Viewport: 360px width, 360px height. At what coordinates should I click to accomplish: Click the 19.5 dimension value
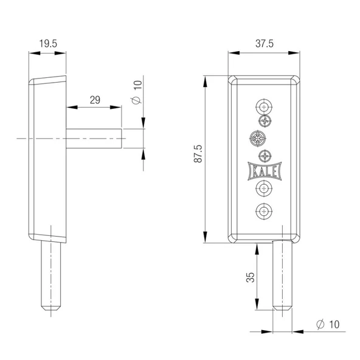point(48,43)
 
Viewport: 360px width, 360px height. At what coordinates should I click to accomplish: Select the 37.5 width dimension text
point(265,43)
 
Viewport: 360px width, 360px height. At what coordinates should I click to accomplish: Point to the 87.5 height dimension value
point(198,154)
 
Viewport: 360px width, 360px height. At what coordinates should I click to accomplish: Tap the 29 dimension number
point(95,100)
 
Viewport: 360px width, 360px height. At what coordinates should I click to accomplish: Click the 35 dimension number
point(251,277)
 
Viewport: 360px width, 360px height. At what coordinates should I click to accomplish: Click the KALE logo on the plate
point(265,171)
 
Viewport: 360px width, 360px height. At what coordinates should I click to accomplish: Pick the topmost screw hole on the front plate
point(264,107)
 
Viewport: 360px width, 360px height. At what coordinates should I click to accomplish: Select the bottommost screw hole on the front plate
point(264,211)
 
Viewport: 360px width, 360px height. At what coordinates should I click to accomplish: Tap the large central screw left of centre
point(258,139)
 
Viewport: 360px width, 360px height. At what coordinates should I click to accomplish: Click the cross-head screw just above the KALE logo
point(265,156)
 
